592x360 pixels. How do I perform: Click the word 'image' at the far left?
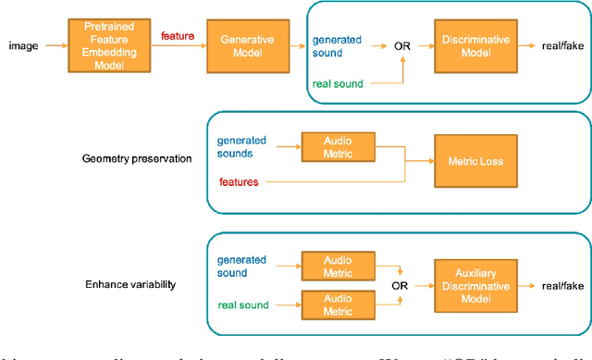tap(23, 43)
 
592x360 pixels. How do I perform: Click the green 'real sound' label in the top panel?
tap(339, 84)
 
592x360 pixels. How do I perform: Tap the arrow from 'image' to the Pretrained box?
tap(53, 43)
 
